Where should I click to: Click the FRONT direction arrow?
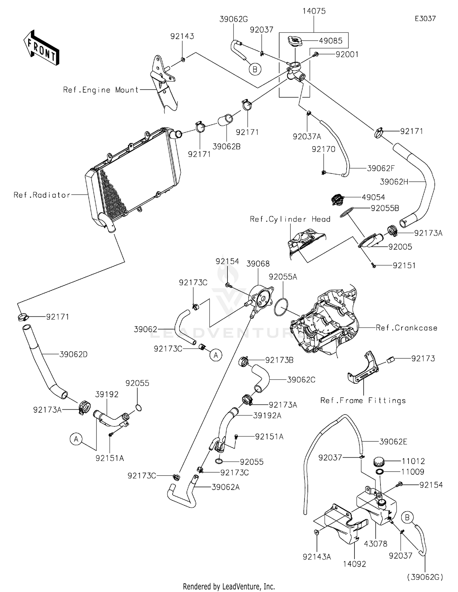pyautogui.click(x=41, y=48)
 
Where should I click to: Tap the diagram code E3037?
pyautogui.click(x=425, y=19)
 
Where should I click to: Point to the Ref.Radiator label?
pyautogui.click(x=42, y=195)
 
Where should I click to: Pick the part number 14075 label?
pyautogui.click(x=314, y=11)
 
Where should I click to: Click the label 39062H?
pyautogui.click(x=394, y=182)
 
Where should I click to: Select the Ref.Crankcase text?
pyautogui.click(x=406, y=328)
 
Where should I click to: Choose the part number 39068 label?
pyautogui.click(x=258, y=264)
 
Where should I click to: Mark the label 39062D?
pyautogui.click(x=73, y=354)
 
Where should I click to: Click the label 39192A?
pyautogui.click(x=267, y=415)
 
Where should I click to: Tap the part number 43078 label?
pyautogui.click(x=376, y=544)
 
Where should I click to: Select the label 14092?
pyautogui.click(x=354, y=564)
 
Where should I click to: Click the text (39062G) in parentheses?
pyautogui.click(x=425, y=577)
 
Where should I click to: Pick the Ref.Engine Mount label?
pyautogui.click(x=101, y=90)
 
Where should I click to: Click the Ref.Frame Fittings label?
pyautogui.click(x=363, y=400)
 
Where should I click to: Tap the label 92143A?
pyautogui.click(x=317, y=557)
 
